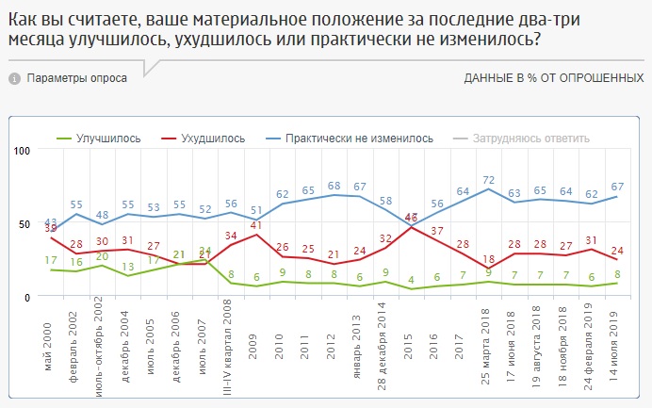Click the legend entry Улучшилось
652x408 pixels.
click(107, 139)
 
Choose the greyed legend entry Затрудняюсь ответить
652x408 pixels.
click(538, 139)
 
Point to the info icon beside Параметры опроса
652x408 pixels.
click(14, 78)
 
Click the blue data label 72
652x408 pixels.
click(488, 179)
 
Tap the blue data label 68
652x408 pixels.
click(334, 185)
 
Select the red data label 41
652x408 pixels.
click(255, 225)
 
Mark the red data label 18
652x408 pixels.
click(488, 260)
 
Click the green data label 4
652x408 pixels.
click(411, 280)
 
